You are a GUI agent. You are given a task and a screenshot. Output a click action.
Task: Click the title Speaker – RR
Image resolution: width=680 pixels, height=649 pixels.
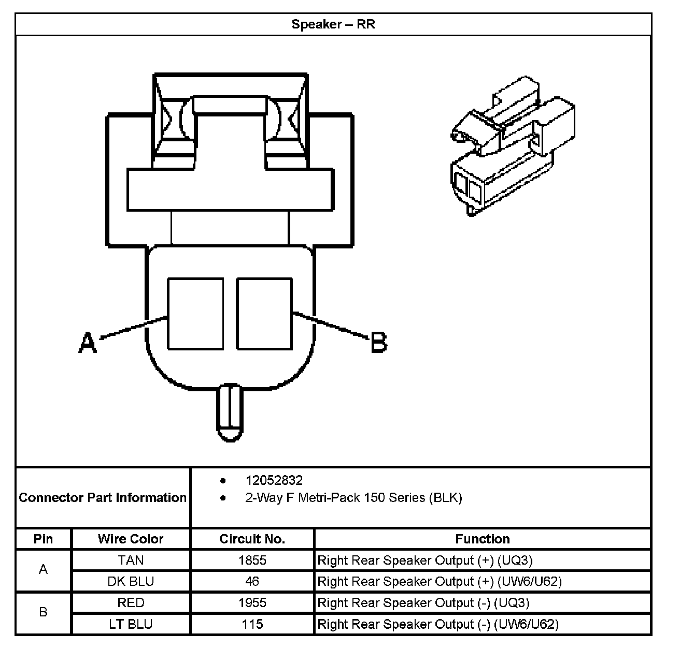point(333,24)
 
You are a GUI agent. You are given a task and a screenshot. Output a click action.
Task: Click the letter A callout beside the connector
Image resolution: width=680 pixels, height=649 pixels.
point(88,343)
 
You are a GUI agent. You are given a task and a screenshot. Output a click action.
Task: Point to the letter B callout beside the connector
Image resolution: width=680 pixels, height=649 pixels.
point(379,343)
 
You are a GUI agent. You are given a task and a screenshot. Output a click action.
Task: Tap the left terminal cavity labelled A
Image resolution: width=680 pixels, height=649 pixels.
point(195,314)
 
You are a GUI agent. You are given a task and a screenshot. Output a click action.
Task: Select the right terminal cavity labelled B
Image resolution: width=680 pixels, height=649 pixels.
point(264,314)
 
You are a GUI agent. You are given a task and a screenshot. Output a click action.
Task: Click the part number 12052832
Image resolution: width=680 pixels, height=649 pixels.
point(274,480)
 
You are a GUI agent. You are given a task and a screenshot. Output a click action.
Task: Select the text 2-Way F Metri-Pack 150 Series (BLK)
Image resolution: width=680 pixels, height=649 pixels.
point(353,498)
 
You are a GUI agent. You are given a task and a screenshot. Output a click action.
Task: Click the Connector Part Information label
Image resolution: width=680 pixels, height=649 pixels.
point(103,498)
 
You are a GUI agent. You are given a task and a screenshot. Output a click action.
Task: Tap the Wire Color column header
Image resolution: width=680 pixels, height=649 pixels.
point(131,539)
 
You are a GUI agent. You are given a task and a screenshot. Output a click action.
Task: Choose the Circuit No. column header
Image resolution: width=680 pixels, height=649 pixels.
point(252,539)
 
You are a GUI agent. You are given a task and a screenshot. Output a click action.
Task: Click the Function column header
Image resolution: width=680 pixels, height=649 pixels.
point(482,539)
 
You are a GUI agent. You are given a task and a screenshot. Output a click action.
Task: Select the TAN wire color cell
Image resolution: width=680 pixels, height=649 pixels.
point(131,560)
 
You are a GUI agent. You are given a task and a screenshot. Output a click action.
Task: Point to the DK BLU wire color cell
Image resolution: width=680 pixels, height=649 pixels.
point(131,581)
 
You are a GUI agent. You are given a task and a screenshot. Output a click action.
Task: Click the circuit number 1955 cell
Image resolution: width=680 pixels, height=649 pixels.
point(252,603)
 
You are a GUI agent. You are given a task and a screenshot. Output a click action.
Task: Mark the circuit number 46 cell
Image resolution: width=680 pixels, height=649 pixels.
point(252,581)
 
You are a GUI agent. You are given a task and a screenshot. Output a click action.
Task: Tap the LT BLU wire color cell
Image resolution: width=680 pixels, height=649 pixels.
point(131,624)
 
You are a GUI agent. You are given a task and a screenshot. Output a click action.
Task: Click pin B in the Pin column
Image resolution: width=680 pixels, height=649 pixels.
point(43,613)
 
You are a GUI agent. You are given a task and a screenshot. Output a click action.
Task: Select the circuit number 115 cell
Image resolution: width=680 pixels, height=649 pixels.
point(252,624)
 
